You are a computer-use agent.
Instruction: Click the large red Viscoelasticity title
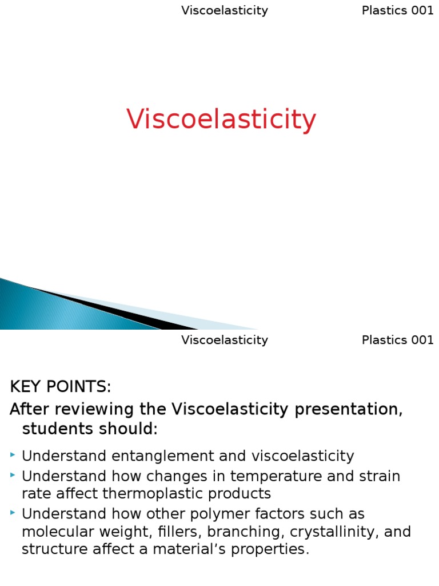221,120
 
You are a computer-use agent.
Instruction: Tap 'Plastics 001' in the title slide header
397,11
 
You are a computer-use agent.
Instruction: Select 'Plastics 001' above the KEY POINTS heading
397,340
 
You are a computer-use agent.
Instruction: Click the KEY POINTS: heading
61,387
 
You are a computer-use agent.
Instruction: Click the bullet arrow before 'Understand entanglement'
13,455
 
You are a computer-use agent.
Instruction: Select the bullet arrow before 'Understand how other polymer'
13,513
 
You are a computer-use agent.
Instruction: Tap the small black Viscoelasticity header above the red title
225,11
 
